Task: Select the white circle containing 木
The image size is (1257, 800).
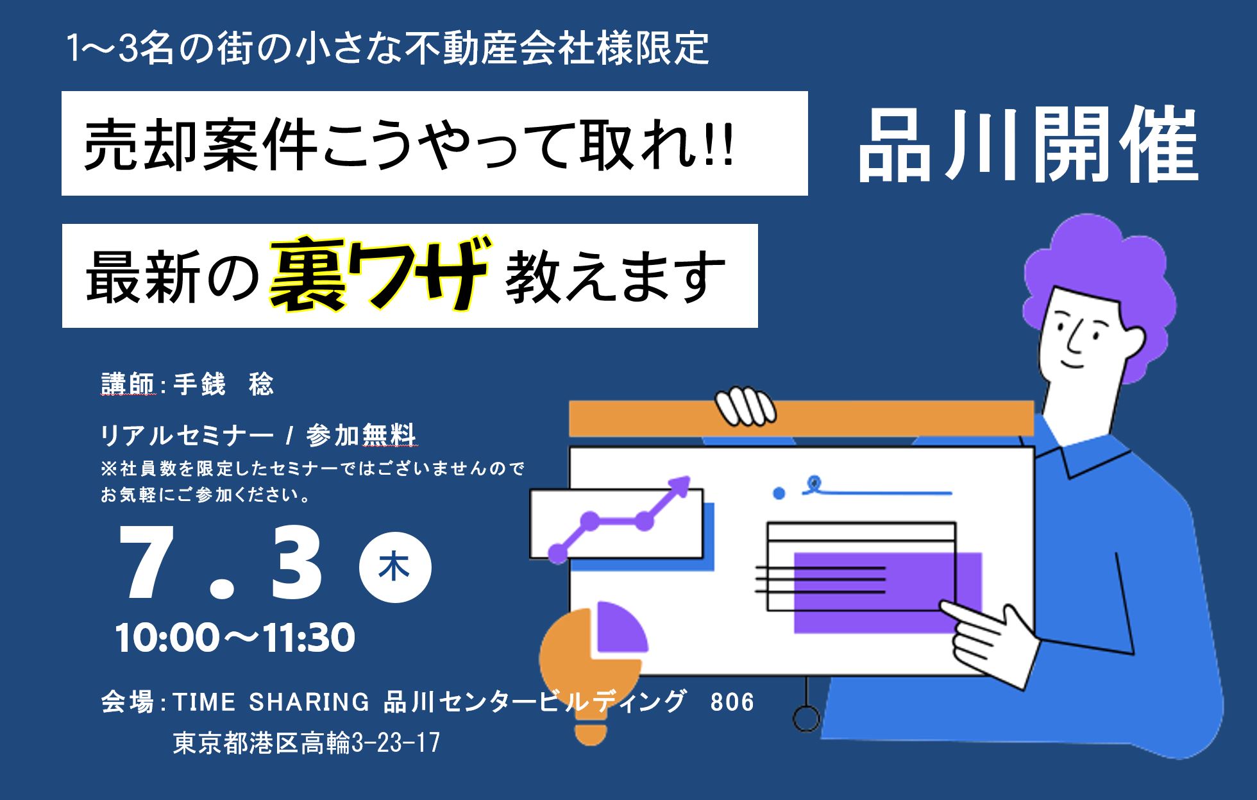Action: [x=395, y=568]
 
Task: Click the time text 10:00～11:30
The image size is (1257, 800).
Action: [x=235, y=637]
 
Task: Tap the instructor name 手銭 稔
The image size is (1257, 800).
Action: [x=224, y=384]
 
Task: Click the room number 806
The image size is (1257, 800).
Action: [x=732, y=702]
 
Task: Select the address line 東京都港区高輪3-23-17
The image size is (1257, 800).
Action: [x=307, y=743]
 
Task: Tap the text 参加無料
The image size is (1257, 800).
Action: [x=362, y=436]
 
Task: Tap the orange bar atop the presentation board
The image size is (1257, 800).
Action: [x=802, y=418]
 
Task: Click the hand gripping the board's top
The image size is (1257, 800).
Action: [x=746, y=405]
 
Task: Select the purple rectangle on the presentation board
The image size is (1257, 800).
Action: [x=888, y=592]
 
